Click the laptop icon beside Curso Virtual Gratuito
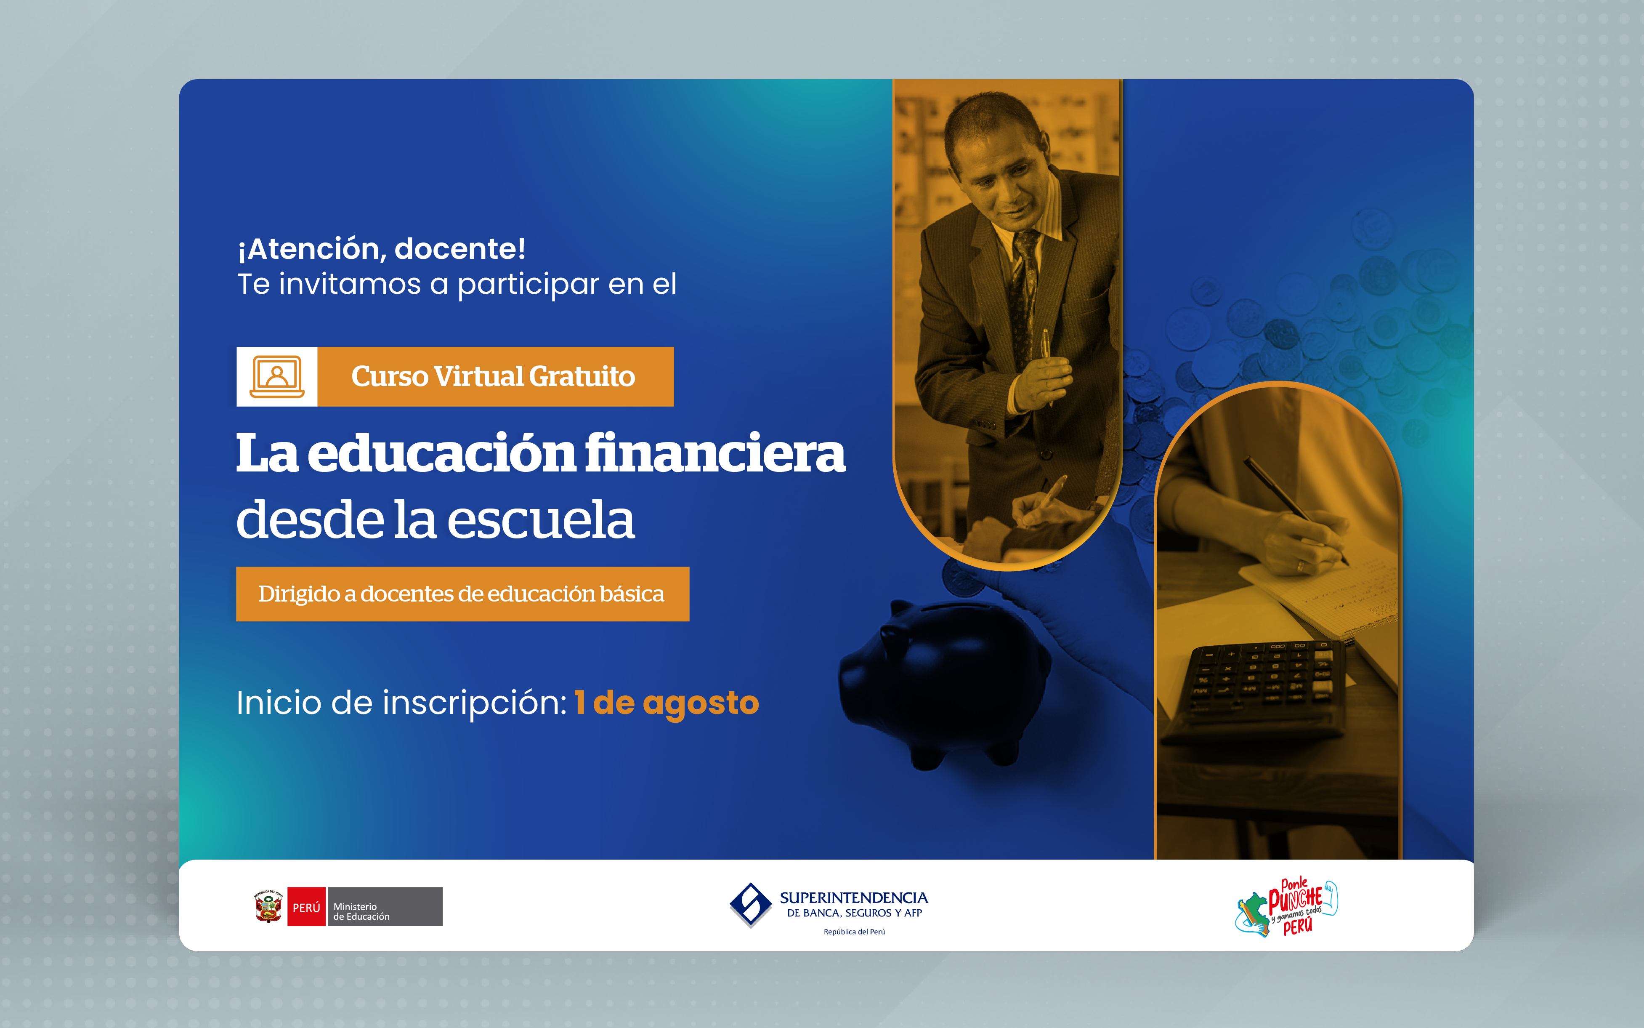[x=276, y=377]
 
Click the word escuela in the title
[x=540, y=520]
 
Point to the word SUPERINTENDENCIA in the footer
[x=854, y=898]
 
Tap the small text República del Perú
[x=854, y=932]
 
